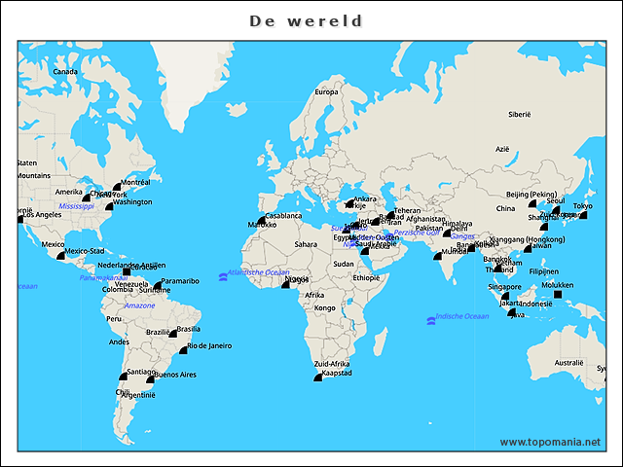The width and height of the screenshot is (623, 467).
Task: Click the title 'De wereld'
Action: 306,20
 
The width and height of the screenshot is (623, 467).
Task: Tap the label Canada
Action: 64,71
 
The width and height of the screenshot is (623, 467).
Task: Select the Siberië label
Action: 520,114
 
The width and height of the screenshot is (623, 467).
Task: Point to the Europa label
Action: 326,92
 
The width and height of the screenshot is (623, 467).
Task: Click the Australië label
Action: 568,363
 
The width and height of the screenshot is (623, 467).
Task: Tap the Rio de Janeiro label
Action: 209,345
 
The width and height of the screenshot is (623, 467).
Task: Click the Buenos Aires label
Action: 175,375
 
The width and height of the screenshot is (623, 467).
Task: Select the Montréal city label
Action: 134,182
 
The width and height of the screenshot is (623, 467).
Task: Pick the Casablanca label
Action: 283,215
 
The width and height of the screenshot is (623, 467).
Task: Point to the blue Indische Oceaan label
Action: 462,316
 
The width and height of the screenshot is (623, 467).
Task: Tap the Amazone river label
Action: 139,305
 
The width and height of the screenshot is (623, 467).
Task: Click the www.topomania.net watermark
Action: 550,442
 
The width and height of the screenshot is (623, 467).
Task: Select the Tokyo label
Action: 582,205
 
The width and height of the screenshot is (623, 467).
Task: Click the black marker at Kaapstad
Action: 316,377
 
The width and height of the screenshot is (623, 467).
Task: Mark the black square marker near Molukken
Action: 571,295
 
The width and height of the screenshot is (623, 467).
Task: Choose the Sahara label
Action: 306,244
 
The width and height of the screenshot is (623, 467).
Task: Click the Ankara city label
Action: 365,198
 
